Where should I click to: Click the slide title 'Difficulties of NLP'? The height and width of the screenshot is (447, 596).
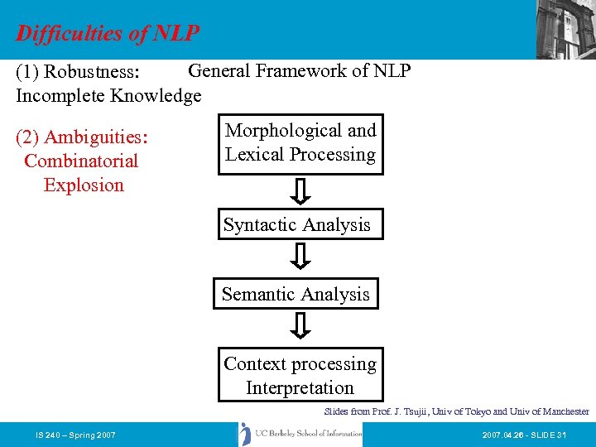tap(108, 34)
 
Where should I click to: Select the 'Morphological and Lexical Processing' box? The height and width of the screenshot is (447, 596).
tap(300, 143)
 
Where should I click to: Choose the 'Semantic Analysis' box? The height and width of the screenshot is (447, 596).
tap(296, 294)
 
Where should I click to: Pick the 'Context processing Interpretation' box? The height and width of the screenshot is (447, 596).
tap(300, 375)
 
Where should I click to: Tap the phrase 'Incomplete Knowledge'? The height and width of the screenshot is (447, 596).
tap(108, 95)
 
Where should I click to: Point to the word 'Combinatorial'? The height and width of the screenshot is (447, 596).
tap(81, 161)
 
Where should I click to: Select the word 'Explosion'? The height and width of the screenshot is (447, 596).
tap(84, 185)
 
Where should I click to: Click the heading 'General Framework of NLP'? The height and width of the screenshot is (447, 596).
tap(300, 70)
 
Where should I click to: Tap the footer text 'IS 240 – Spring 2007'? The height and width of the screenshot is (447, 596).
tap(75, 435)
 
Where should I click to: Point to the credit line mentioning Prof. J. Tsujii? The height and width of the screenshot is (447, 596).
tap(456, 411)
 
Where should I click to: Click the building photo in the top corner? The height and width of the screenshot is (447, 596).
tap(565, 29)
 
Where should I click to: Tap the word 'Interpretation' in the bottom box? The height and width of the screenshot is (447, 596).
tap(300, 387)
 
